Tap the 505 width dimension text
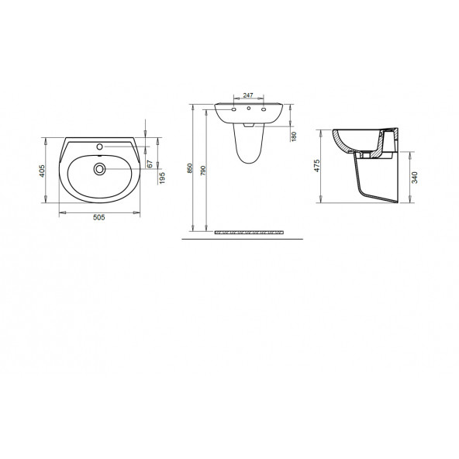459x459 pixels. click(x=99, y=218)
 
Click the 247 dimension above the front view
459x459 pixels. click(x=248, y=95)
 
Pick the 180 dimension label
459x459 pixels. click(x=295, y=136)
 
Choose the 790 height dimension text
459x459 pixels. click(x=204, y=172)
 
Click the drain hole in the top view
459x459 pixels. click(x=99, y=166)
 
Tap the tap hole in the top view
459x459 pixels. click(x=100, y=146)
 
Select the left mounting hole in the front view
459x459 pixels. click(x=233, y=110)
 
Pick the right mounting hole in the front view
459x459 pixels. click(x=264, y=110)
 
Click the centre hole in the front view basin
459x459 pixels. click(x=248, y=110)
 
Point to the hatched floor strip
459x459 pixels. click(x=248, y=231)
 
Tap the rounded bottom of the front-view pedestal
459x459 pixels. click(x=248, y=162)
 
